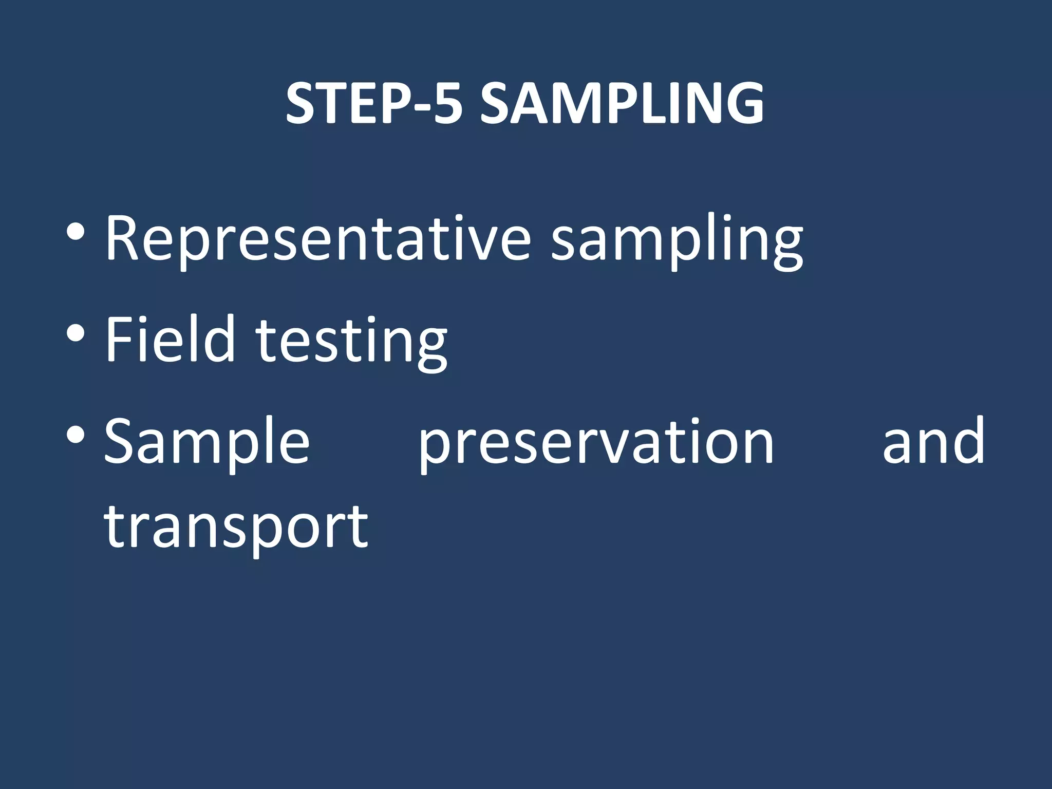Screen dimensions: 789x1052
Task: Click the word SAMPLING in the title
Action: click(x=622, y=104)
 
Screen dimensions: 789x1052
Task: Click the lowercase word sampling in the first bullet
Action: click(x=677, y=241)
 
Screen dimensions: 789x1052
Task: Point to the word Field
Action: click(x=170, y=339)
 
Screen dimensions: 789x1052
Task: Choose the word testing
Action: click(x=352, y=342)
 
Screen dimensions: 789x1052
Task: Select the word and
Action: click(x=933, y=441)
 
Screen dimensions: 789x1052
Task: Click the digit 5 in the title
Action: click(x=447, y=104)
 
